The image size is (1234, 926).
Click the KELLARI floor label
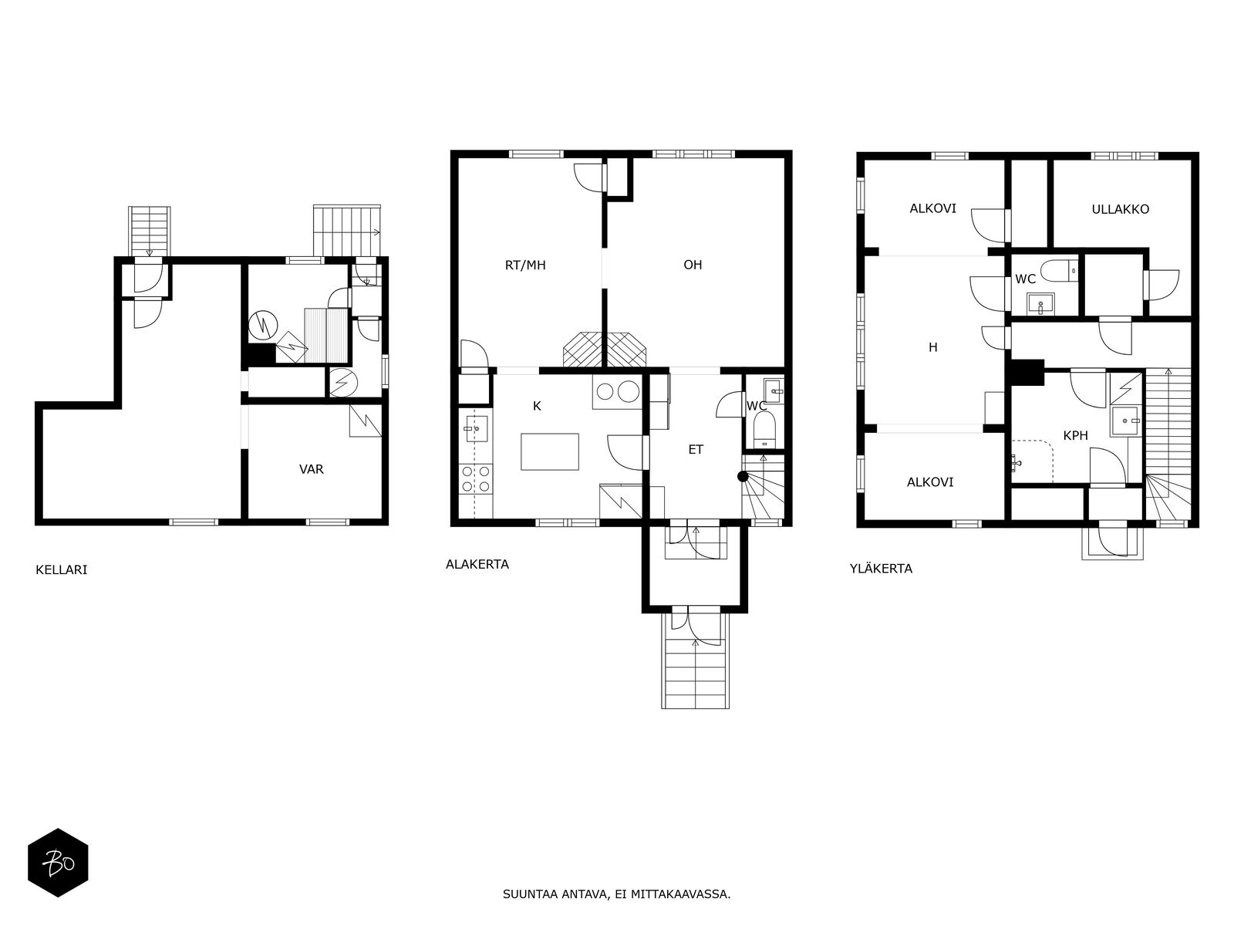click(61, 569)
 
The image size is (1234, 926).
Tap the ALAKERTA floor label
click(477, 564)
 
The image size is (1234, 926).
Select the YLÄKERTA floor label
click(881, 568)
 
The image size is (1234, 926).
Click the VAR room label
click(312, 469)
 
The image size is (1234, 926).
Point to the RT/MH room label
click(525, 265)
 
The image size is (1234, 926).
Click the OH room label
click(693, 265)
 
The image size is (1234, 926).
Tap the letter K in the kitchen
click(537, 406)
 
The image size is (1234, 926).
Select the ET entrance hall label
click(696, 449)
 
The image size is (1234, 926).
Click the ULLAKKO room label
click(1121, 209)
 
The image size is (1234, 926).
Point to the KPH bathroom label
click(1075, 435)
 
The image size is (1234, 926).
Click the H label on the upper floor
click(933, 347)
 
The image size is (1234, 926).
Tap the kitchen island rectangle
click(550, 451)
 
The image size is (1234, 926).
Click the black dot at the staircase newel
click(743, 477)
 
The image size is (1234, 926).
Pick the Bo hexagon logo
click(59, 863)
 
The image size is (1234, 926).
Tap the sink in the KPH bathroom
click(1126, 421)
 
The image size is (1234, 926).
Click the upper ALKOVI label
click(932, 208)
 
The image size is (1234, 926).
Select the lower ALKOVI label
click(930, 482)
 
